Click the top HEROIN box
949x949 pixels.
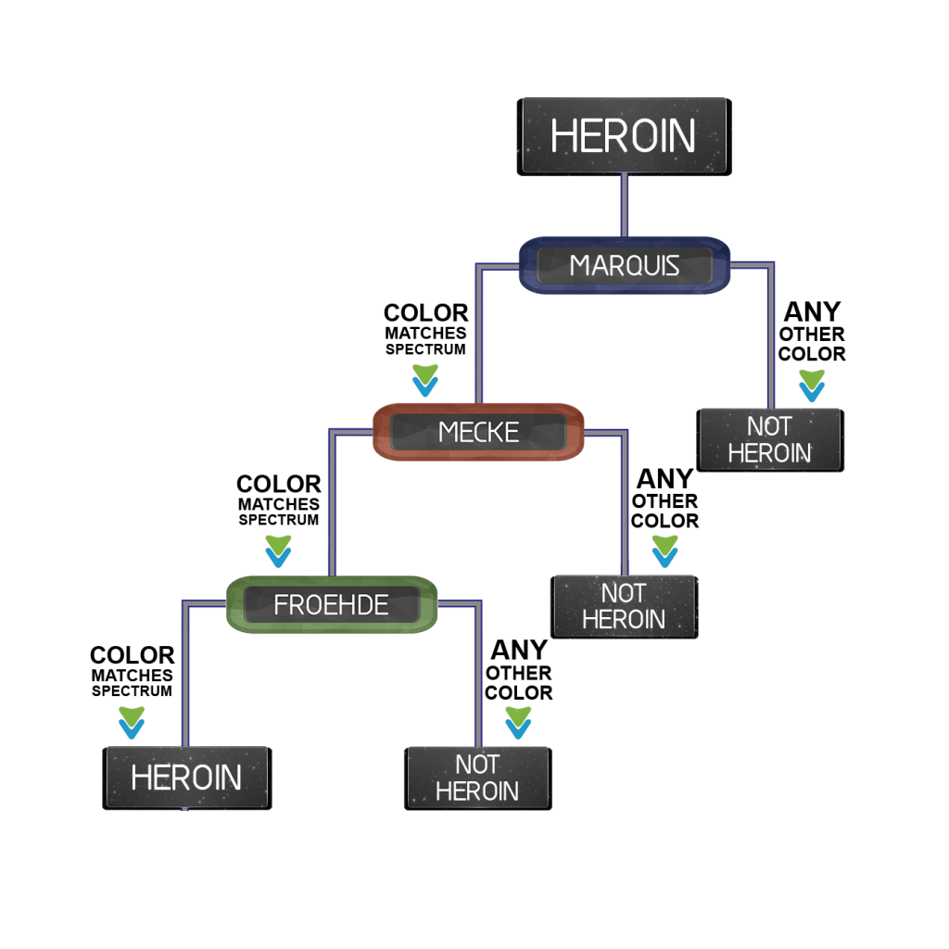coord(624,137)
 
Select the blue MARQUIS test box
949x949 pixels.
coord(625,265)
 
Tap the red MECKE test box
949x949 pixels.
coord(478,432)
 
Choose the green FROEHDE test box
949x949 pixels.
coord(332,604)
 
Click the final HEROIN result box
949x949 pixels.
coord(187,778)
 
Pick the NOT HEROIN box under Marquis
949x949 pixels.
coord(770,440)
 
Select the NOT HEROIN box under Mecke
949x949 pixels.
coord(624,607)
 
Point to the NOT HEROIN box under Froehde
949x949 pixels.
coord(477,778)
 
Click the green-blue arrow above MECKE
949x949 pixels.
coord(424,380)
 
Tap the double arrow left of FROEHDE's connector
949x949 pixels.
coord(278,551)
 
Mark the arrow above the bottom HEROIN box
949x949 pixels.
coord(132,723)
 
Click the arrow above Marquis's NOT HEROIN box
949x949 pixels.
coord(812,386)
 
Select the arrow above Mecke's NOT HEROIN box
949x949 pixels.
coord(664,551)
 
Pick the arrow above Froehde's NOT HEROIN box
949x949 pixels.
coord(518,723)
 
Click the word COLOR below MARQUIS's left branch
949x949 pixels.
coord(426,313)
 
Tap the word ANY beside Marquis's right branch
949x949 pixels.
coord(812,312)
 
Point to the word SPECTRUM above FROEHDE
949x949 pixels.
coord(278,520)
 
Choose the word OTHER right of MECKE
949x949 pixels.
coord(664,501)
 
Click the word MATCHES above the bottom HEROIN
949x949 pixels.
coord(132,676)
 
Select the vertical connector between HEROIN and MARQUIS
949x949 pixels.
coord(625,206)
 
